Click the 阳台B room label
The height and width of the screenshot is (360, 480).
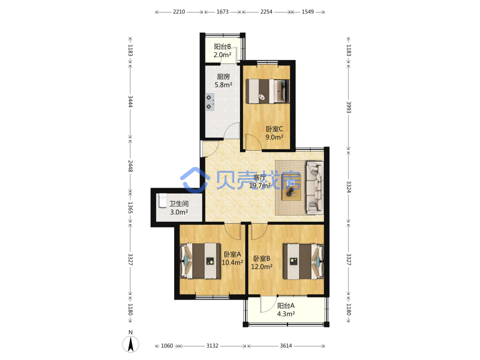coord(223,47)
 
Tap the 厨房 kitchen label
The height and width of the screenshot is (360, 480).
coord(224,76)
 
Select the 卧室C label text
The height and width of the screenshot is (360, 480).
coord(274,129)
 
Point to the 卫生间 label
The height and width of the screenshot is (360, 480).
coord(179,204)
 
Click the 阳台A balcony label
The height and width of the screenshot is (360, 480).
coord(286,305)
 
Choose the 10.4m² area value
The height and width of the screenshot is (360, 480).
coord(232,263)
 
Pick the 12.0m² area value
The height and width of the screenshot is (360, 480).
coord(262,266)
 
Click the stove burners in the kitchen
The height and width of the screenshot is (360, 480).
coord(210,102)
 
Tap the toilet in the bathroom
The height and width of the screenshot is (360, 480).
coord(163,201)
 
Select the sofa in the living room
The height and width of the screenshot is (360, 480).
coord(315,188)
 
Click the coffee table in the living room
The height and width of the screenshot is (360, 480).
coord(291,187)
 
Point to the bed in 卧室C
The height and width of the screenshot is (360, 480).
coord(267,91)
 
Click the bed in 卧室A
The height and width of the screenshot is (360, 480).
coord(200,261)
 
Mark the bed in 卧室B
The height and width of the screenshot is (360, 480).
coord(303,261)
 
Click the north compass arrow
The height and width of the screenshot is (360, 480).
coord(131,344)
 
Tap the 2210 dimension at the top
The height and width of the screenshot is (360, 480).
coord(179,12)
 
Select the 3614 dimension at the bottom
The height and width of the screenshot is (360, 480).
coord(286,346)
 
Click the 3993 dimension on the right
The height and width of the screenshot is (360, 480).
coord(348,107)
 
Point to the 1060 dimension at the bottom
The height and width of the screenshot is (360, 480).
coord(167,346)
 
